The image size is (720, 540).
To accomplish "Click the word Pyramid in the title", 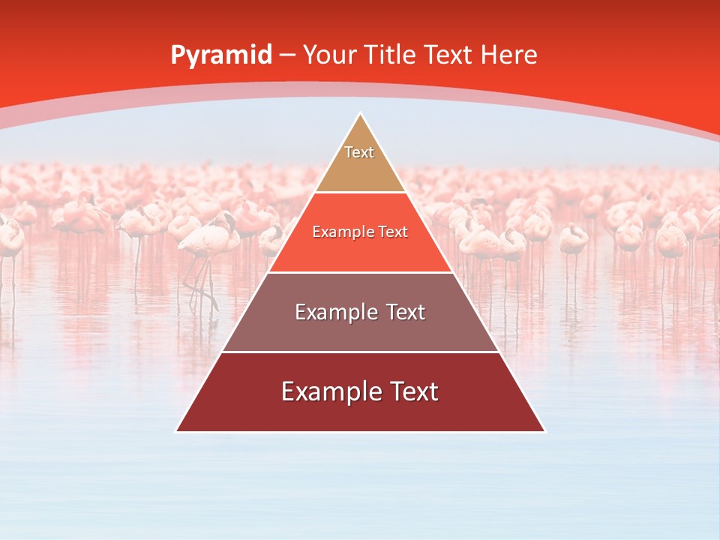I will [220, 55].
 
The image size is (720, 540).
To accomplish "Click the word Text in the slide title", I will [448, 55].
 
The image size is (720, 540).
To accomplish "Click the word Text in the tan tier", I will [359, 152].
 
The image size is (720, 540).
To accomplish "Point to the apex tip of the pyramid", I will [360, 115].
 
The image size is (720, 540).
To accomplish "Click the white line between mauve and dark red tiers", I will [360, 352].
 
